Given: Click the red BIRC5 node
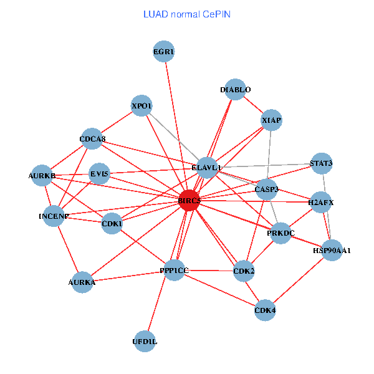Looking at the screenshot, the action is (x=189, y=201).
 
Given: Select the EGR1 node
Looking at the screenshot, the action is (x=164, y=52).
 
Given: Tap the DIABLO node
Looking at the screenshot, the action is (x=235, y=90).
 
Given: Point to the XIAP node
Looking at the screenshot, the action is (x=272, y=120).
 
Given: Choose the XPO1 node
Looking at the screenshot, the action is (x=142, y=105).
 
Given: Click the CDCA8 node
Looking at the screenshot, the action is (x=92, y=139).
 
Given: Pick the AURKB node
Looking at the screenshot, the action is (x=42, y=176).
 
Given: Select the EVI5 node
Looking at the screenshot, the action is (x=100, y=174).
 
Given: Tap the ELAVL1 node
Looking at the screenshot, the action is (x=206, y=167).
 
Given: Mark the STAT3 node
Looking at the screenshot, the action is (x=321, y=164).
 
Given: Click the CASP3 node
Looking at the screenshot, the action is (x=267, y=189).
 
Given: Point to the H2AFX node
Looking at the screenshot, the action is (x=321, y=202).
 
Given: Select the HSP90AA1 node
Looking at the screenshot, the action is (x=332, y=250).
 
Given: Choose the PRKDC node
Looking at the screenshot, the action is (x=280, y=233).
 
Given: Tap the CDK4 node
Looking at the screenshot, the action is (x=265, y=310).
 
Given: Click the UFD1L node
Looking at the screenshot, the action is (x=145, y=341).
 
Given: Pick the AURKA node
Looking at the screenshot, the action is (x=82, y=282).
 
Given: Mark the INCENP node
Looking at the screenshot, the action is (x=54, y=216).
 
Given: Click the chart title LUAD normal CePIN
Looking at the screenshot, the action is (x=187, y=14).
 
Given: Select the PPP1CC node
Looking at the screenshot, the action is (x=174, y=270).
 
